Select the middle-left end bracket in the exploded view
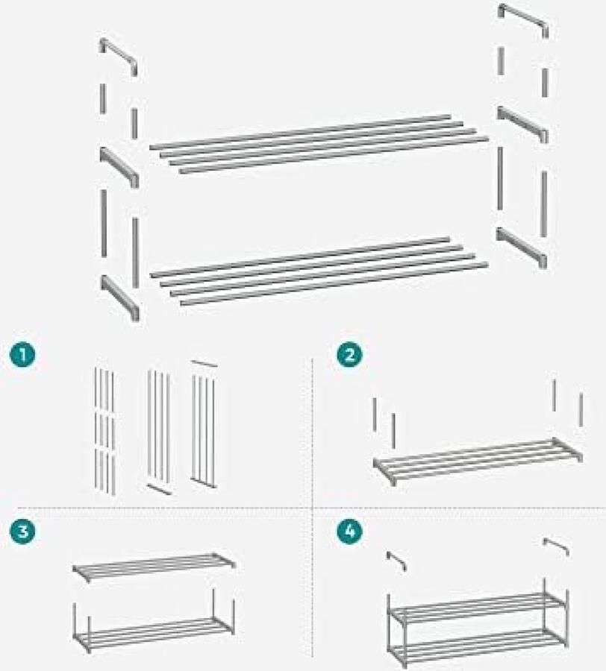coord(119,166)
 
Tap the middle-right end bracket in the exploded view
coord(522,123)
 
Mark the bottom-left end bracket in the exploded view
coord(119,296)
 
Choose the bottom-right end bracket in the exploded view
coord(522,247)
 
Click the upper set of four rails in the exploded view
coord(319,143)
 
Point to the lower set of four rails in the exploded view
coord(319,270)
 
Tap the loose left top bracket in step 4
coord(396,561)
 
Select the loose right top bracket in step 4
coord(556,546)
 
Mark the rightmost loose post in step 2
coord(581,410)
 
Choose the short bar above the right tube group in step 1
coord(204,363)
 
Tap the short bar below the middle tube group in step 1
coord(159,489)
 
